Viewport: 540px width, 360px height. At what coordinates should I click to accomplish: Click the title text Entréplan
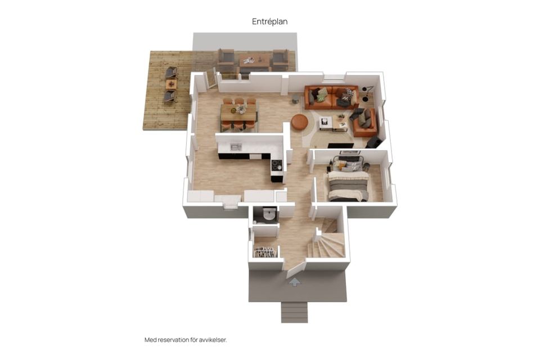click(269, 21)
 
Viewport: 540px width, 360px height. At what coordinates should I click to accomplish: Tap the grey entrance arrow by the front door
click(294, 282)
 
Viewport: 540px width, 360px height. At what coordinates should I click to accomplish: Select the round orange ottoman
click(300, 121)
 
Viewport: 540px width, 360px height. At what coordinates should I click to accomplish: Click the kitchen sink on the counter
click(236, 147)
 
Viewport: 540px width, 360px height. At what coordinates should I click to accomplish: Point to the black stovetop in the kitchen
click(277, 165)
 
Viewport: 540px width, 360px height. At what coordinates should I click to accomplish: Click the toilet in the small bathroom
click(268, 215)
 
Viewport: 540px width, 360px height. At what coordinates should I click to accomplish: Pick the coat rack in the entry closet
click(265, 251)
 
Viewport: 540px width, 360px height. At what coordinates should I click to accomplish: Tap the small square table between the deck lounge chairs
click(171, 84)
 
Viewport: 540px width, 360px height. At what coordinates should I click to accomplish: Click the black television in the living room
click(340, 145)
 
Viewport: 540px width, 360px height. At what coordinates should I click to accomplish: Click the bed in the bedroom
click(348, 181)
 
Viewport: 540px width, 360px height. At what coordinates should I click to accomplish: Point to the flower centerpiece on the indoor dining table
click(240, 110)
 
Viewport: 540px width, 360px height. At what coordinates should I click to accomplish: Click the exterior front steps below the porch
click(294, 312)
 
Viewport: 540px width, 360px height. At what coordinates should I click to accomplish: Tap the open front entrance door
click(296, 269)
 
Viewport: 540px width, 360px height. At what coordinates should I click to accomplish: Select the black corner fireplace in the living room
click(372, 142)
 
